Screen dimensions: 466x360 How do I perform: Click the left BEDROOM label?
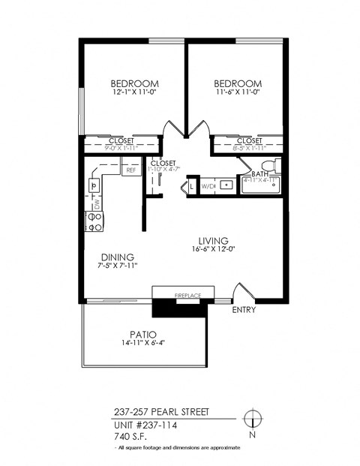tap(134, 83)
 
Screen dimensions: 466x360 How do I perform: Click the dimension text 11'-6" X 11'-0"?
tap(238, 92)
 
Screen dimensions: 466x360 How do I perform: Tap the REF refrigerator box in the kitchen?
tap(131, 170)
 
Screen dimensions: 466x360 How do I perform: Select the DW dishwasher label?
tap(97, 203)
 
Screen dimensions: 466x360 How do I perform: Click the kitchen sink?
tap(96, 184)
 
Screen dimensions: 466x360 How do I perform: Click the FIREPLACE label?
tap(188, 296)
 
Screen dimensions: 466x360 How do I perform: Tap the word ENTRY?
tap(244, 309)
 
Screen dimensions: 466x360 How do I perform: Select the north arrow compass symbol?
tap(253, 418)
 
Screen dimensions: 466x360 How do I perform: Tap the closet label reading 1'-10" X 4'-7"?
tap(163, 170)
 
